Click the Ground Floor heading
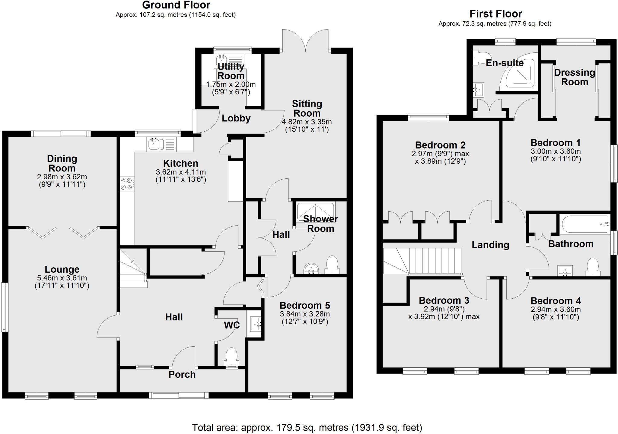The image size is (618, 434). [x=176, y=5]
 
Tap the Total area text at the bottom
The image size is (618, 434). [x=307, y=427]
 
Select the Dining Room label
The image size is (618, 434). [x=62, y=163]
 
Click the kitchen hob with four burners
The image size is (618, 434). [x=127, y=184]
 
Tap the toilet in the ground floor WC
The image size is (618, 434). [x=231, y=356]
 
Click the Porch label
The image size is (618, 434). [x=182, y=374]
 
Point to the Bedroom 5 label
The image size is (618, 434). [x=305, y=305]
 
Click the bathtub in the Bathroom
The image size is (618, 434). [x=584, y=224]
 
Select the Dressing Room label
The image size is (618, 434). [x=574, y=77]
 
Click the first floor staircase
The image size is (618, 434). [x=422, y=261]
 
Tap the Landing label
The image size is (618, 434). [x=490, y=245]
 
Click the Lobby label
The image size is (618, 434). [x=236, y=118]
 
